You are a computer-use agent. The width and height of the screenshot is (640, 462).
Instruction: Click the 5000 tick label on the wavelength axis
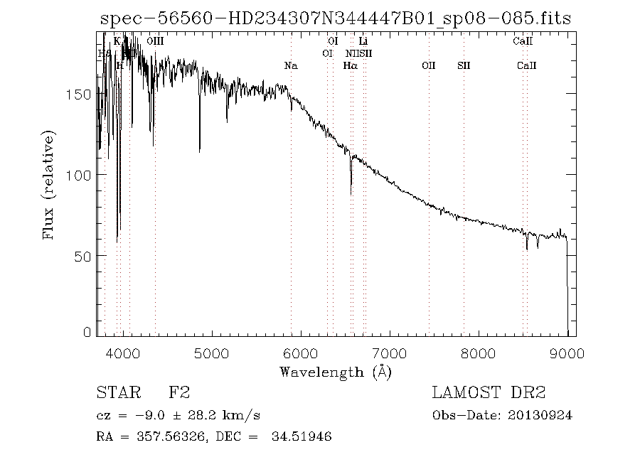[212, 353]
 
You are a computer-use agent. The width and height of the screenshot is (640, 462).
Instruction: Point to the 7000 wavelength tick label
[390, 353]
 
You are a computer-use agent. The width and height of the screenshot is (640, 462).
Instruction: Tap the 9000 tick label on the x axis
[567, 353]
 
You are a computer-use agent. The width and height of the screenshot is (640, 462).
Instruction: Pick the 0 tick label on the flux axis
[87, 332]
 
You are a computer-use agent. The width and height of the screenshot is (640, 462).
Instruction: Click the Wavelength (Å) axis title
[336, 371]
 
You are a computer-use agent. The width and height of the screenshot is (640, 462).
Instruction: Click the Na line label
[290, 65]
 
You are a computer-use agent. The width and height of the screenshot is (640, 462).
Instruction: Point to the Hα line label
[350, 65]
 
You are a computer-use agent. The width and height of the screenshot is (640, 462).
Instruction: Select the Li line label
[363, 42]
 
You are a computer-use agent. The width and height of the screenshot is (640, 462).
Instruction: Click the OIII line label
[155, 42]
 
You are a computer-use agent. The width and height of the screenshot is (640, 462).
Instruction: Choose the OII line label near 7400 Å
[428, 65]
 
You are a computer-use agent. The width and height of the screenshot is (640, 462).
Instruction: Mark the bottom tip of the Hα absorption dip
[351, 194]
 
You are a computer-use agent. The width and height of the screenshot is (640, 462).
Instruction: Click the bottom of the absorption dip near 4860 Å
[199, 151]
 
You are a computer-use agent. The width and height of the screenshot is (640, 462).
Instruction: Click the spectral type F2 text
[178, 393]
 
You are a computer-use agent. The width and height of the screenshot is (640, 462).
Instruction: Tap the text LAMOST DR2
[489, 393]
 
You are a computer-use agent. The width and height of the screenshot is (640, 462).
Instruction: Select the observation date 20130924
[543, 415]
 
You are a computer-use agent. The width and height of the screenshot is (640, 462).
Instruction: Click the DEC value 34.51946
[302, 437]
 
